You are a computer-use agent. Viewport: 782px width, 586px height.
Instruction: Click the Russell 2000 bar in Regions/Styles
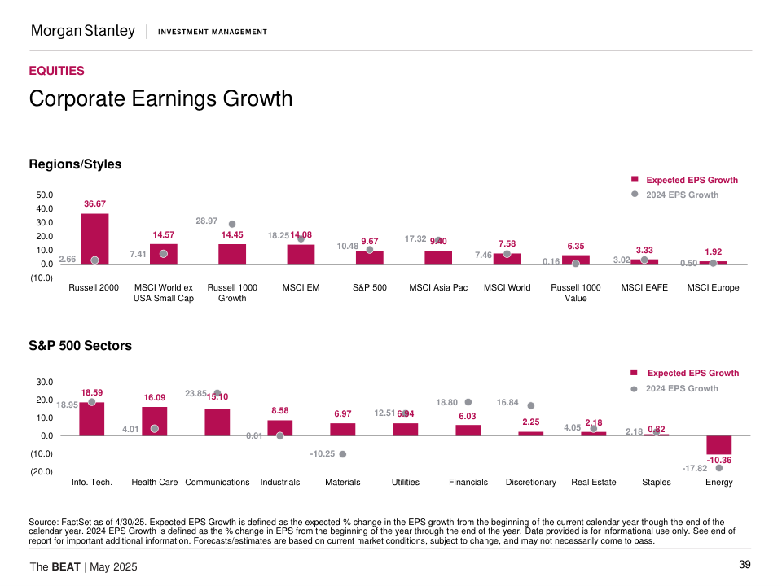pyautogui.click(x=94, y=238)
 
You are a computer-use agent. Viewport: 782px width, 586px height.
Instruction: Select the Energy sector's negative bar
pyautogui.click(x=719, y=445)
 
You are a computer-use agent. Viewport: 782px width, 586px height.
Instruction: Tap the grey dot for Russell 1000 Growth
pyautogui.click(x=232, y=224)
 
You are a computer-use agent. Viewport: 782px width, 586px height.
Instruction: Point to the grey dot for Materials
pyautogui.click(x=343, y=454)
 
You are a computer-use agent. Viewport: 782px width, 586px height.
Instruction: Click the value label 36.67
pyautogui.click(x=94, y=203)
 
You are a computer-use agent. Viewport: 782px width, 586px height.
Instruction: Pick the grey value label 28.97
pyautogui.click(x=207, y=221)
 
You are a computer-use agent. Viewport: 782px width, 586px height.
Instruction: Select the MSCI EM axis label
pyautogui.click(x=301, y=287)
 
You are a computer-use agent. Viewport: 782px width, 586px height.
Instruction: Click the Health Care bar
pyautogui.click(x=155, y=421)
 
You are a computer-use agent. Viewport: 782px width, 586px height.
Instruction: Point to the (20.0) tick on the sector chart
pyautogui.click(x=42, y=471)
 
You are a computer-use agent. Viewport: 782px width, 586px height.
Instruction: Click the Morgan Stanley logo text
pyautogui.click(x=83, y=31)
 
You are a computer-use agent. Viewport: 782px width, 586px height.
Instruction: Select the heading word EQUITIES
pyautogui.click(x=56, y=71)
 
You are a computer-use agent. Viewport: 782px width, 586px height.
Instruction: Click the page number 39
pyautogui.click(x=745, y=565)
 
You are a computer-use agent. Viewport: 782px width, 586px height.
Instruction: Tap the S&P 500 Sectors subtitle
pyautogui.click(x=80, y=346)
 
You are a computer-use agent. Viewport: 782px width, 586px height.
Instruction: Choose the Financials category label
pyautogui.click(x=468, y=482)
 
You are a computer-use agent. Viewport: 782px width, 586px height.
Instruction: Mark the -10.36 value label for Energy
pyautogui.click(x=719, y=461)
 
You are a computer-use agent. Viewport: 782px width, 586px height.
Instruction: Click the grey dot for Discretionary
pyautogui.click(x=531, y=405)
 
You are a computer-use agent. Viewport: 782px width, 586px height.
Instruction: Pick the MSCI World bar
pyautogui.click(x=507, y=259)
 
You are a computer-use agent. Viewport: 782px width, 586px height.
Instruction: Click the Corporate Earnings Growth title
pyautogui.click(x=160, y=99)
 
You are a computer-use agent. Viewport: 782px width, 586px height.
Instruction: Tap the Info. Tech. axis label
pyautogui.click(x=92, y=482)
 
